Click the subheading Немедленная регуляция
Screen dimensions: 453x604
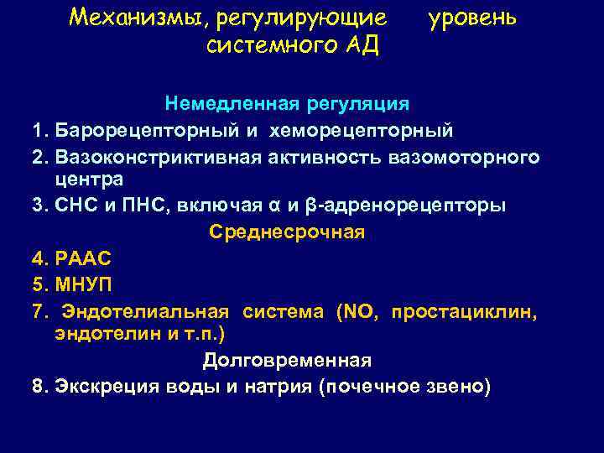click(287, 105)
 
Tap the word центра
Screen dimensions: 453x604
click(88, 178)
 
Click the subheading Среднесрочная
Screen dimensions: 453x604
click(286, 232)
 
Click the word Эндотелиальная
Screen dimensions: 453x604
click(147, 312)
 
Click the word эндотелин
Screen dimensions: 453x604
click(96, 333)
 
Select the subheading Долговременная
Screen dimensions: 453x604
click(287, 360)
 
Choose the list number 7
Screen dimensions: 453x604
click(38, 312)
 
